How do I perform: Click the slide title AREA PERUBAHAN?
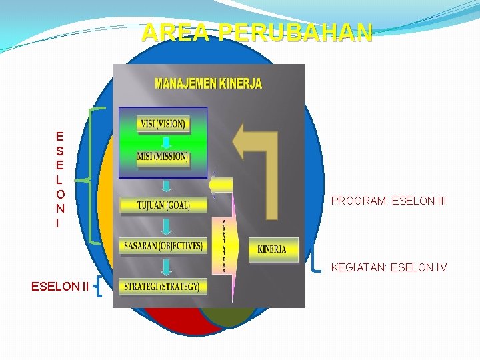(x=257, y=32)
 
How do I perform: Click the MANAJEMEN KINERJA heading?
(x=208, y=84)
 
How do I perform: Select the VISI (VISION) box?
(x=163, y=123)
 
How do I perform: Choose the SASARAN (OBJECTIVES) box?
(x=163, y=246)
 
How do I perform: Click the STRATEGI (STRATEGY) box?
(x=162, y=287)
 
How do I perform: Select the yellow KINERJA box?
(x=272, y=249)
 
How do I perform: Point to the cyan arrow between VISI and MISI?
(x=162, y=141)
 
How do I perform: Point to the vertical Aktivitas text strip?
(x=224, y=247)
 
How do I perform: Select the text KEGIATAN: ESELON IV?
(x=389, y=268)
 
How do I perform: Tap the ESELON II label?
(x=59, y=287)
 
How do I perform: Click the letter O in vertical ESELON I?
(x=60, y=194)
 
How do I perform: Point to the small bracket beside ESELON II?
(x=99, y=288)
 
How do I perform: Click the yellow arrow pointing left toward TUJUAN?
(x=221, y=185)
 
